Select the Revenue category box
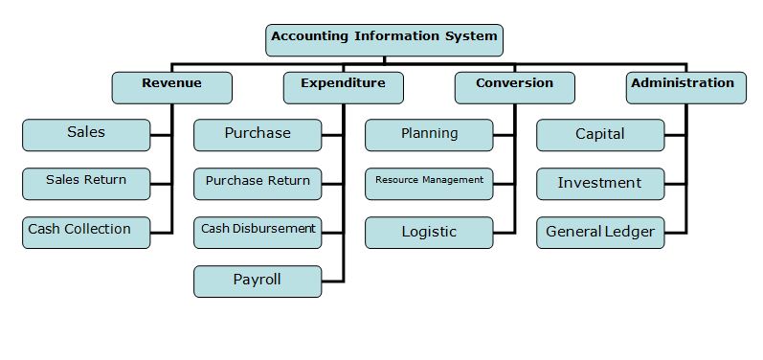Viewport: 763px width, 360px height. [171, 86]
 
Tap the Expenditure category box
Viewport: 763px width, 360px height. [343, 86]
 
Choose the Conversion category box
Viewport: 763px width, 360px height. [514, 86]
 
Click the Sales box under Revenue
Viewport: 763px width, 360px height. [86, 134]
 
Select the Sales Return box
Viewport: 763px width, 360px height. [86, 183]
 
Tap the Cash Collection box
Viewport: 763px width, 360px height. [86, 232]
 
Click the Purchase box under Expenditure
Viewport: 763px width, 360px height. [258, 134]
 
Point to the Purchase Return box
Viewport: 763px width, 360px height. [258, 183]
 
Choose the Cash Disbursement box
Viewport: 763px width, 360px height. [258, 232]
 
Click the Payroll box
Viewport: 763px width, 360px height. [258, 281]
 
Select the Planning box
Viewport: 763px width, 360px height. [429, 134]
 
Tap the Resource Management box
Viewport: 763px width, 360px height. [429, 183]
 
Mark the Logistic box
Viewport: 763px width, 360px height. [429, 232]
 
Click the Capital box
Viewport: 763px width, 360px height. [600, 134]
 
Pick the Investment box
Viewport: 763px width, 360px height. [600, 183]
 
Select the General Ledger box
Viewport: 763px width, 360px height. [600, 232]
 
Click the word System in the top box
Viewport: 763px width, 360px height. [471, 37]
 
